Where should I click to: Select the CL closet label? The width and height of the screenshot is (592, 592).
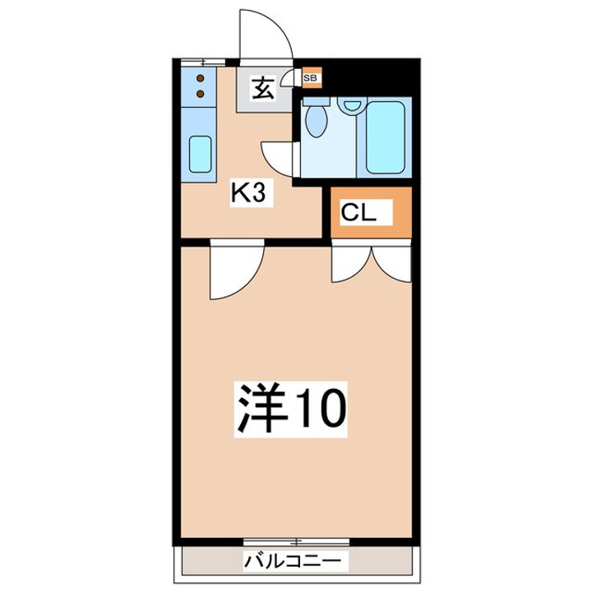pos(358,213)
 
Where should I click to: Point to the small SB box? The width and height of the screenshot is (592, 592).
pos(311,79)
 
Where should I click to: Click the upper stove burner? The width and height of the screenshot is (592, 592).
pos(201,80)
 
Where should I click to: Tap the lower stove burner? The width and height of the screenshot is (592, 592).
pos(201,94)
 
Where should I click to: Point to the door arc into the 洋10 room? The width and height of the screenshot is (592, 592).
pos(234,271)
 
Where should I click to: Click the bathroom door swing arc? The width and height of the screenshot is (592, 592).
pos(276,156)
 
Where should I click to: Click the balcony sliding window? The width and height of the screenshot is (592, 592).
pos(296,541)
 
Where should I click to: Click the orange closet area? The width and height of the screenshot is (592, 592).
pos(370,213)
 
